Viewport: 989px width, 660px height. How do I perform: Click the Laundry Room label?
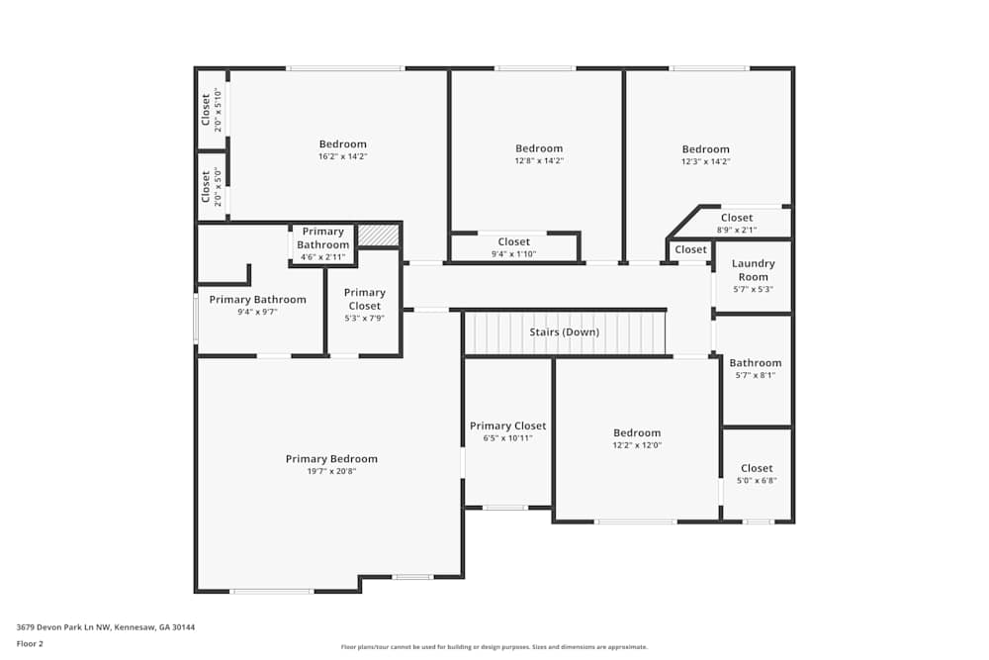point(753,270)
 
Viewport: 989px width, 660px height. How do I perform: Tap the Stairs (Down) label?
point(564,331)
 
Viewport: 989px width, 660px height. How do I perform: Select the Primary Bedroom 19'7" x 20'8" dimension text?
point(331,472)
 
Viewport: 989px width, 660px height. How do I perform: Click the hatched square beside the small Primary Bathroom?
point(378,236)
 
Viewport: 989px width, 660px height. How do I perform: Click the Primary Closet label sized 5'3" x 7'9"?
point(364,299)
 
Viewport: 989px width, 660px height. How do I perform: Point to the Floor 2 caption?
point(30,643)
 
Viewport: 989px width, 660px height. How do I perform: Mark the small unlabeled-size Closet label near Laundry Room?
point(690,249)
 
